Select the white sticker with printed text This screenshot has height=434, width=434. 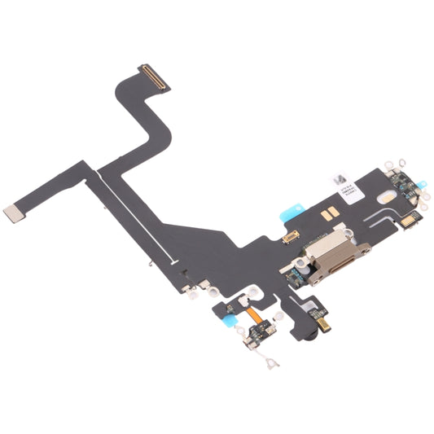point(351,183)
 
